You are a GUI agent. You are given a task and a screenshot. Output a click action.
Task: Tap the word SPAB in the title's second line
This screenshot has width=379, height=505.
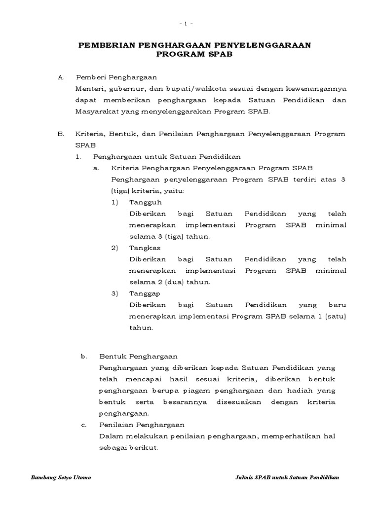pyautogui.click(x=221, y=55)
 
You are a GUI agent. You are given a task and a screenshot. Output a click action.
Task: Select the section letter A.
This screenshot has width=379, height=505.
pyautogui.click(x=61, y=77)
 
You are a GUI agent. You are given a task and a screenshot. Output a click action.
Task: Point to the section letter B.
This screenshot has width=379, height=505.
pyautogui.click(x=61, y=134)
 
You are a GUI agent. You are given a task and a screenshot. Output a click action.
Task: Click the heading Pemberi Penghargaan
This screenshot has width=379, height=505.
pyautogui.click(x=116, y=77)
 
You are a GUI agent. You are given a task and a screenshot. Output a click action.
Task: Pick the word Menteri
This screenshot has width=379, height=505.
pyautogui.click(x=89, y=89)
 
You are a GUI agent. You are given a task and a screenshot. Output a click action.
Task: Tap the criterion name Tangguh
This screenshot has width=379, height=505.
pyautogui.click(x=145, y=202)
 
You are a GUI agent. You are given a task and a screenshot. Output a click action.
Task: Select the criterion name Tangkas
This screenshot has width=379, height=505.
pyautogui.click(x=145, y=248)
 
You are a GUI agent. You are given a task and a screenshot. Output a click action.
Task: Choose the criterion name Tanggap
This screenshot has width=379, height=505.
pyautogui.click(x=146, y=293)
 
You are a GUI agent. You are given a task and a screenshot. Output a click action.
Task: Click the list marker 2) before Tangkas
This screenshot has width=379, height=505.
pyautogui.click(x=114, y=248)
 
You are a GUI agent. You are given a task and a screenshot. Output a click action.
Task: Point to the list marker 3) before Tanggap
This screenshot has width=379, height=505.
pyautogui.click(x=114, y=293)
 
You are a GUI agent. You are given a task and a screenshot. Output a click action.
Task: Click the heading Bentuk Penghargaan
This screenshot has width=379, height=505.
pyautogui.click(x=138, y=356)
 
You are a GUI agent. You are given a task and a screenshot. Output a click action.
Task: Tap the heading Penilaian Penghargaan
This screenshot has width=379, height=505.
pyautogui.click(x=142, y=425)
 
